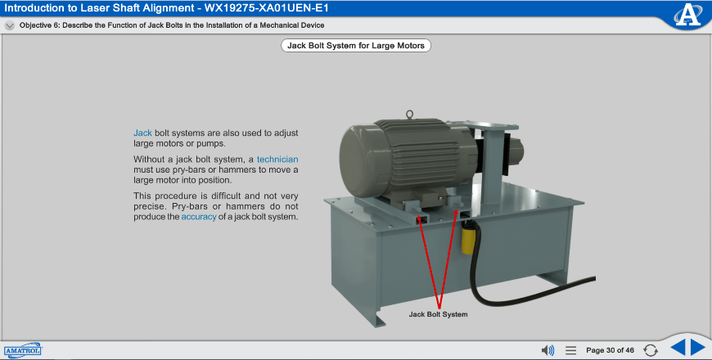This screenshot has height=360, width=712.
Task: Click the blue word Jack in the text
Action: [142, 133]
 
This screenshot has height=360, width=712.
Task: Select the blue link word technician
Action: [277, 160]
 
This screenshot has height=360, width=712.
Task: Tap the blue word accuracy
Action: [199, 217]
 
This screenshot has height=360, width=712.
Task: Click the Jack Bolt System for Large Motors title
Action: [356, 45]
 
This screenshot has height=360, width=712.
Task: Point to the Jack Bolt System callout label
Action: [438, 314]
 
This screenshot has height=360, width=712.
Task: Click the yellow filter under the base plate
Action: [466, 237]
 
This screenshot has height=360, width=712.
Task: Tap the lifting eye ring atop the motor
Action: [409, 114]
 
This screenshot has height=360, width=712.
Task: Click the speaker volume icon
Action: [548, 350]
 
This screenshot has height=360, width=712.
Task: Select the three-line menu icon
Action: [570, 350]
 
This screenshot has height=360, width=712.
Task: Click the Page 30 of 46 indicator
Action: [610, 350]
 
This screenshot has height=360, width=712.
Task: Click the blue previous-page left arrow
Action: [678, 348]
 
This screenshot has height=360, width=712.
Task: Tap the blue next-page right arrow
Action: [698, 348]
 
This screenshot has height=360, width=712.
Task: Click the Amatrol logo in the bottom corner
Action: [23, 350]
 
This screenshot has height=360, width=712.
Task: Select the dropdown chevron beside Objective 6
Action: [10, 25]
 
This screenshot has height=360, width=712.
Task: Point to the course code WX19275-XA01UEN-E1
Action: [267, 7]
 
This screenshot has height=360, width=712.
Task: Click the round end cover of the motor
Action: [363, 161]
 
